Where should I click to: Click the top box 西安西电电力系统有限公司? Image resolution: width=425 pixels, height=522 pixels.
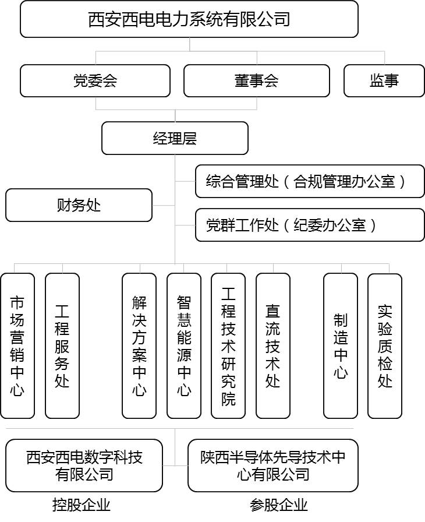coord(189,19)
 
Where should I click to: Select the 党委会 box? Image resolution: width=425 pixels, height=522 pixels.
coord(95,80)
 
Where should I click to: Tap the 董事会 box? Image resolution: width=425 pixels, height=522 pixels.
coord(256,80)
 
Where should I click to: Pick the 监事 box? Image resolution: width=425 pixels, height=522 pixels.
coord(384,80)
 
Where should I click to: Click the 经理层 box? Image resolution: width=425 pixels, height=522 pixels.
coord(175,138)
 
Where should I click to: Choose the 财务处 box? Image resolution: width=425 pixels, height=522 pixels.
coord(79,205)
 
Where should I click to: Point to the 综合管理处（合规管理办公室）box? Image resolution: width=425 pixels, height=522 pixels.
coord(310,181)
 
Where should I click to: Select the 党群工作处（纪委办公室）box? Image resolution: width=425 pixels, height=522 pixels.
coord(310,225)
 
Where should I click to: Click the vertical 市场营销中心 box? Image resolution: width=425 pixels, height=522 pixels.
coord(17,346)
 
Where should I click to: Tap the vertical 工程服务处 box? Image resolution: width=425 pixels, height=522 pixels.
coord(62,346)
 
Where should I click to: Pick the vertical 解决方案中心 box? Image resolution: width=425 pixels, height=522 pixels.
coord(139,346)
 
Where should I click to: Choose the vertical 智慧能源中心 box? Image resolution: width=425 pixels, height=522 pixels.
coord(184,346)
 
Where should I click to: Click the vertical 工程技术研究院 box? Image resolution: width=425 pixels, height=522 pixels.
coord(228,346)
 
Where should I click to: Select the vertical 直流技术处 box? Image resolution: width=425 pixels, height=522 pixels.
coord(273,346)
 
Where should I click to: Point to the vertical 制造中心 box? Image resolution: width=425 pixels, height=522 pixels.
coord(341,346)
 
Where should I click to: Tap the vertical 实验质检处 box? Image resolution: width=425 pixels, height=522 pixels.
coord(385,346)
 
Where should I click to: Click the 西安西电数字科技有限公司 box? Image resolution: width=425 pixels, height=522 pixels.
coord(84,465)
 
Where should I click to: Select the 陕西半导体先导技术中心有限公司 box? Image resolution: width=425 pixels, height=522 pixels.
coord(273,465)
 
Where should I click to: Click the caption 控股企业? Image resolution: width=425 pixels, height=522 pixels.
coord(82,505)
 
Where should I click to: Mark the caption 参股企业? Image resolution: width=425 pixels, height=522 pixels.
coord(279,505)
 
